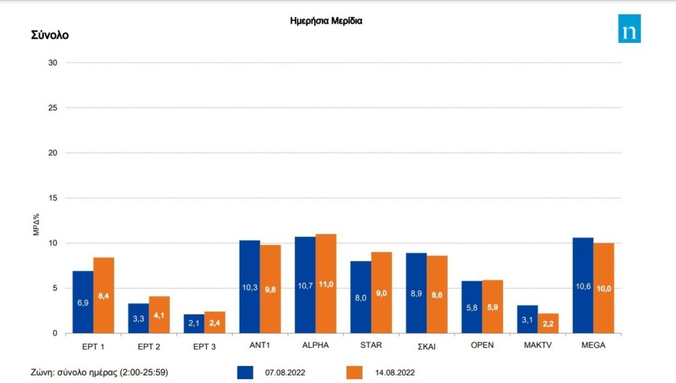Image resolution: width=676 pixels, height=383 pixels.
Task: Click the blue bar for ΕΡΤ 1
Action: click(x=83, y=302)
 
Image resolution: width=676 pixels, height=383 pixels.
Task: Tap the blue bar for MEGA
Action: click(x=583, y=285)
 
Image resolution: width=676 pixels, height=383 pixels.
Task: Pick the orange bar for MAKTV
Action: click(x=548, y=323)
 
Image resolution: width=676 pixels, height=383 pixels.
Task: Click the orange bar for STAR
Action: click(x=382, y=293)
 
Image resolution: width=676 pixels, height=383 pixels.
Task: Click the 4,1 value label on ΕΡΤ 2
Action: click(x=159, y=316)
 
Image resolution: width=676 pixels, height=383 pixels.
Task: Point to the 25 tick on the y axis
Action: click(x=53, y=108)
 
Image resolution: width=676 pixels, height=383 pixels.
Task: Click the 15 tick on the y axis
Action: click(x=53, y=198)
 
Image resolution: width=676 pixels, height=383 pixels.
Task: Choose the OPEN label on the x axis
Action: click(x=482, y=345)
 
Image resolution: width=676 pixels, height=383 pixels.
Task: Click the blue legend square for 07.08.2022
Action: click(x=245, y=372)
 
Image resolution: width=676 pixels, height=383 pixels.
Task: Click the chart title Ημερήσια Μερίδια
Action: click(x=326, y=20)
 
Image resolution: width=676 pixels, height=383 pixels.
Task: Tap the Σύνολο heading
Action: click(x=50, y=35)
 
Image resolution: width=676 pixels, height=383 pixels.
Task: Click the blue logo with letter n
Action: click(x=629, y=28)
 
